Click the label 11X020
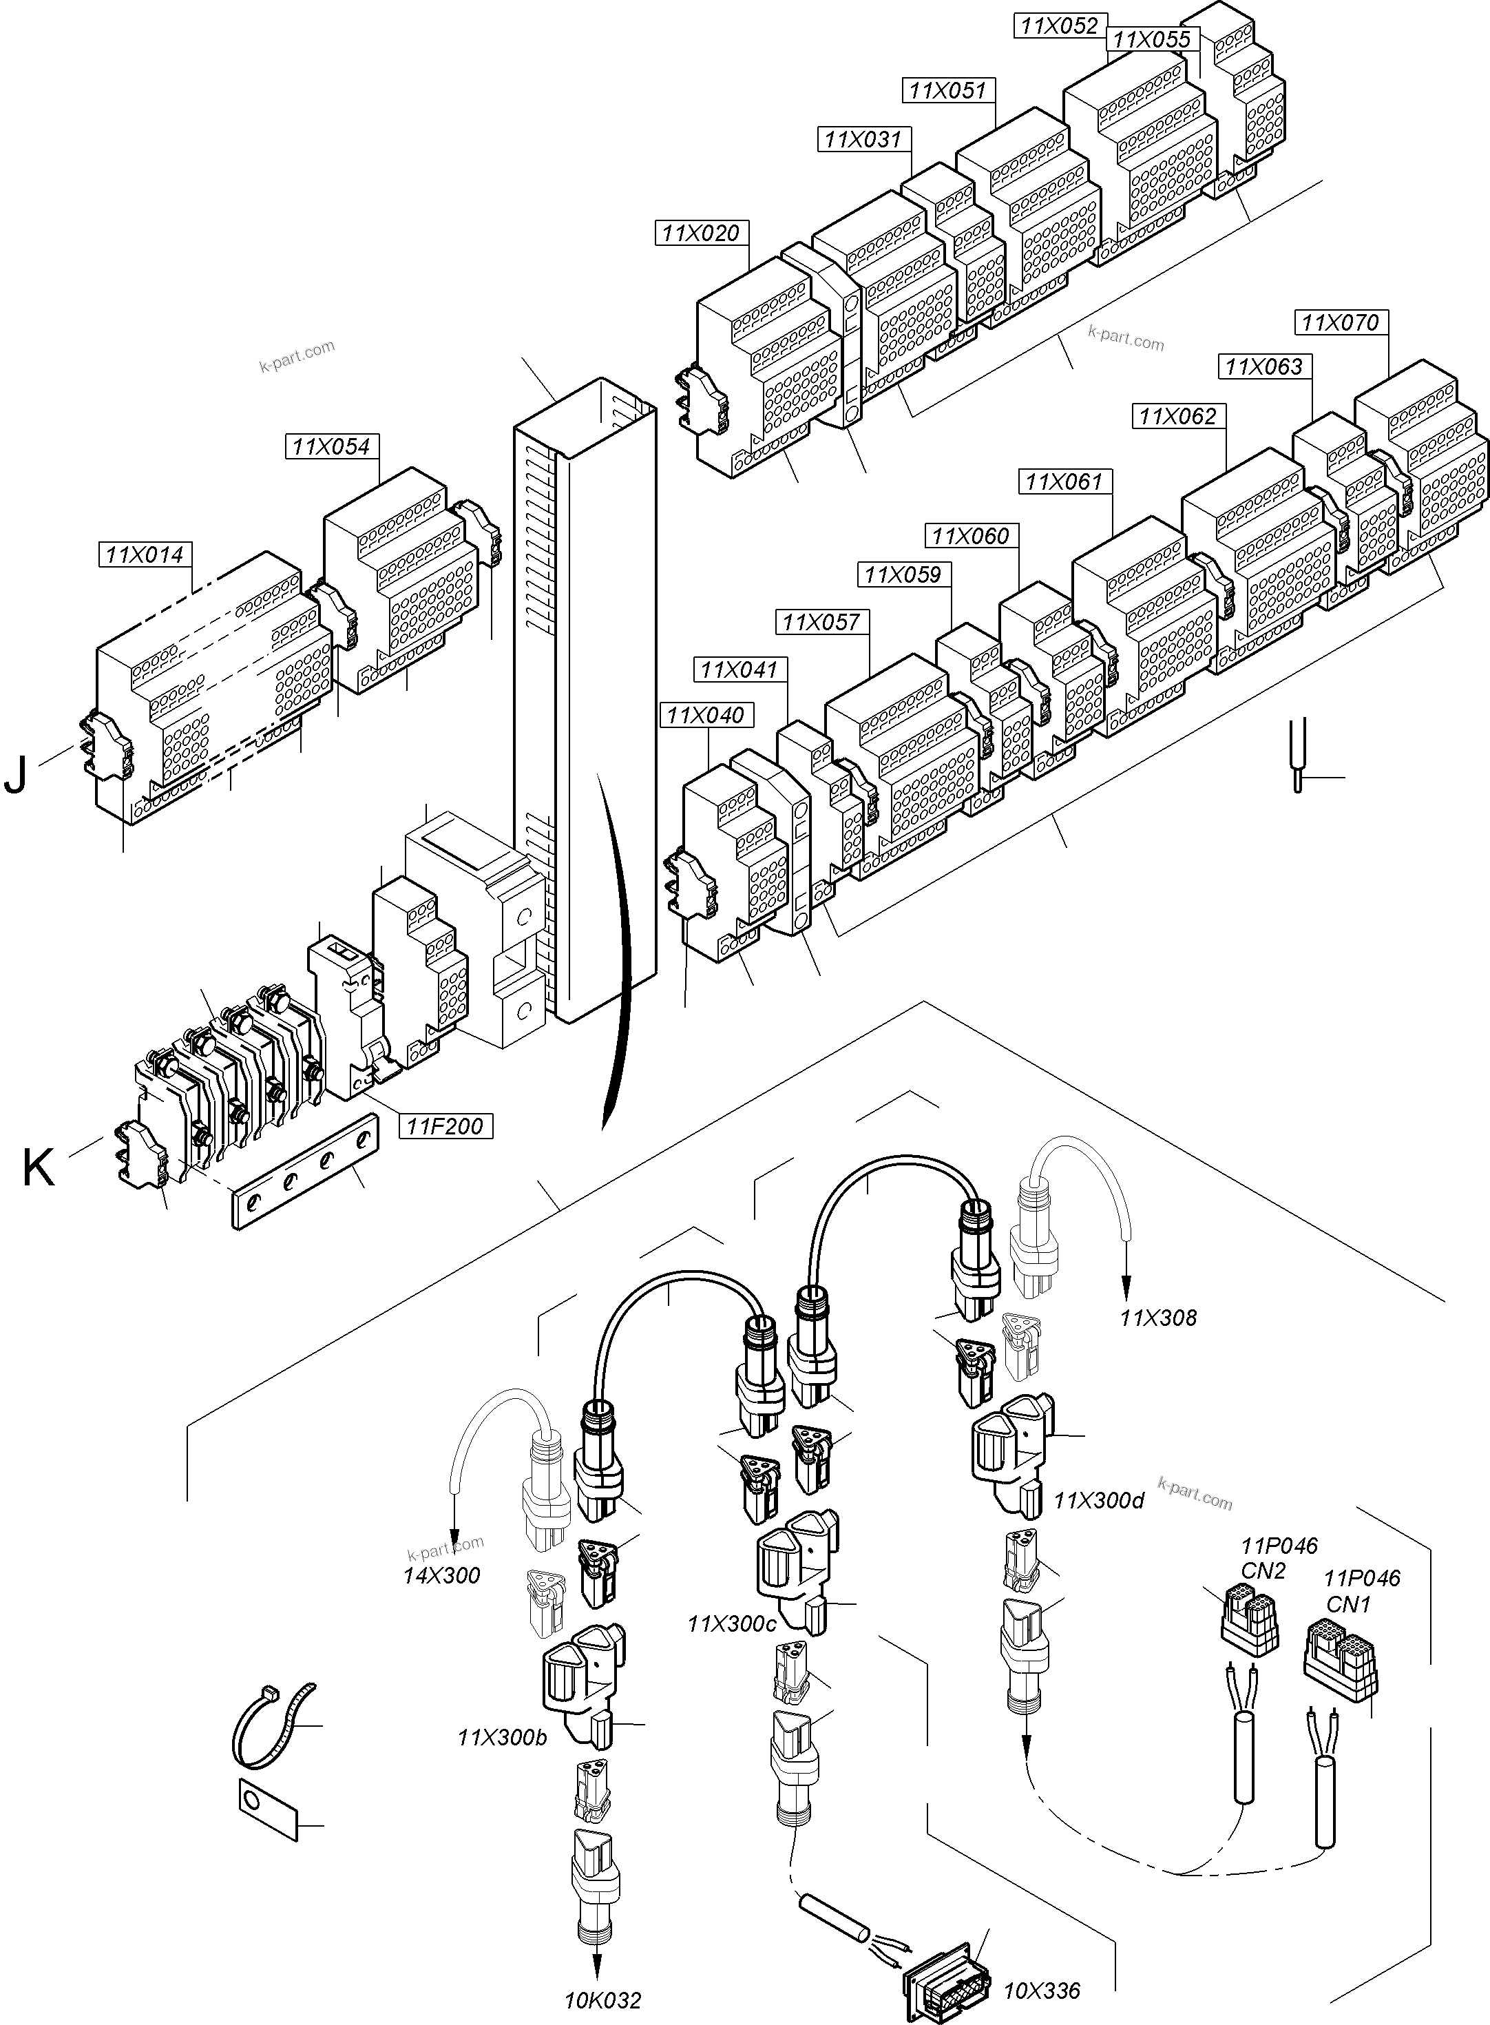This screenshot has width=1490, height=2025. [x=700, y=233]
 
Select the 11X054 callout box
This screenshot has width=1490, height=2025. [x=331, y=446]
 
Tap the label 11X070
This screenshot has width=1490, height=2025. [x=1341, y=322]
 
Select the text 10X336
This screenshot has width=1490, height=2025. [x=1042, y=1990]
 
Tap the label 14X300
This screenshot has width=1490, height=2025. [x=442, y=1576]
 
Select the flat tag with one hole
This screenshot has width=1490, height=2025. [x=268, y=1804]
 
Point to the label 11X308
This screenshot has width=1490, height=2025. [x=1158, y=1318]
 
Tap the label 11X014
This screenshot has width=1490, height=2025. [x=145, y=554]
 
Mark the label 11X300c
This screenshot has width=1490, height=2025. [x=731, y=1623]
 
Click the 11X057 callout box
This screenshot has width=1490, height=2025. [x=821, y=621]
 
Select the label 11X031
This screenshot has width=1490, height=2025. [x=863, y=139]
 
